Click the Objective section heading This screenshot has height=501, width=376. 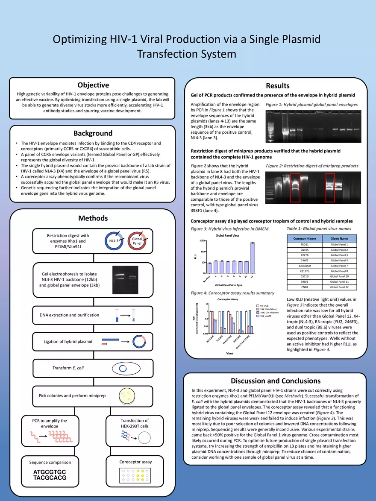tap(93, 85)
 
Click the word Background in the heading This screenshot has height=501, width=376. tap(93, 133)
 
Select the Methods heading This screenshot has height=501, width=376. tap(93, 218)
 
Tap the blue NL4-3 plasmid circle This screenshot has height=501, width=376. tap(115, 241)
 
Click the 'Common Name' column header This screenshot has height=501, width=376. tap(305, 238)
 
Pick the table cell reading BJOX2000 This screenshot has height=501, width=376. tap(305, 266)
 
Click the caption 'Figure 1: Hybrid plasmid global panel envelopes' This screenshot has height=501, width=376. tap(311, 104)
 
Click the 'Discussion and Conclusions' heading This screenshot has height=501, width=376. tap(275, 381)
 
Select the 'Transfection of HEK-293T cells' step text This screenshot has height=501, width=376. tap(135, 423)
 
